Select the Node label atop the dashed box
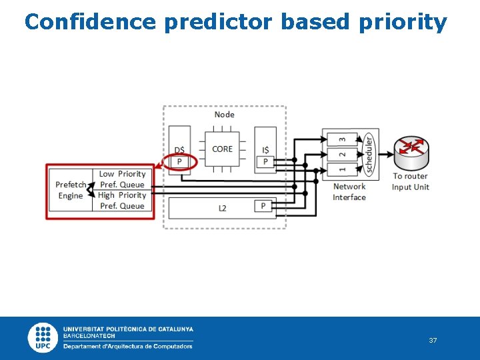coord(224,115)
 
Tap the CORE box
coord(222,149)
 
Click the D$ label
coord(179,149)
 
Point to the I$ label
coord(265,149)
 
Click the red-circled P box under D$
coord(179,162)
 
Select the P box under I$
coord(265,162)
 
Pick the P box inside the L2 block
coord(263,206)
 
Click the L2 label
coord(222,208)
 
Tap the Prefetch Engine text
coord(71,190)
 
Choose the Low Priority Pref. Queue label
coord(122,179)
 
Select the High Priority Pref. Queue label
coord(122,201)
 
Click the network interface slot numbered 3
coord(342,139)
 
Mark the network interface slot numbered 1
coord(342,171)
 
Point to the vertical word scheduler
coord(368,155)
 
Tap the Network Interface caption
coord(349,192)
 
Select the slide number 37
coord(433,341)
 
